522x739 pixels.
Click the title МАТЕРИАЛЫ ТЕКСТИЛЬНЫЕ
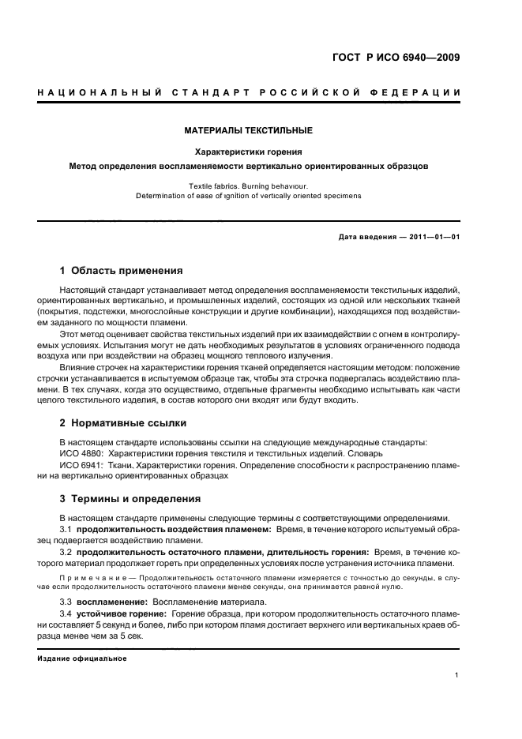click(x=248, y=130)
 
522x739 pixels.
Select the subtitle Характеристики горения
click(x=248, y=152)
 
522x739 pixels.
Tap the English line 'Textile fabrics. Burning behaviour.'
click(x=248, y=186)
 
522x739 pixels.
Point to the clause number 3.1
click(x=66, y=527)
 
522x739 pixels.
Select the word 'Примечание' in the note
click(x=91, y=578)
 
